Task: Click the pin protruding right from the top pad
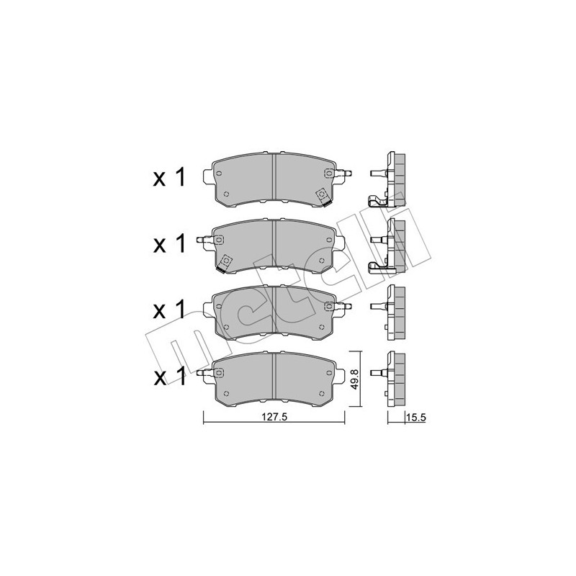tap(346, 174)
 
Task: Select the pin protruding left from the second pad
tap(206, 239)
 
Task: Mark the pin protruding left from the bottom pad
tap(206, 372)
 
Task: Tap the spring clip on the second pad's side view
tap(377, 267)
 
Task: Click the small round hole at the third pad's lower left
tap(226, 326)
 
